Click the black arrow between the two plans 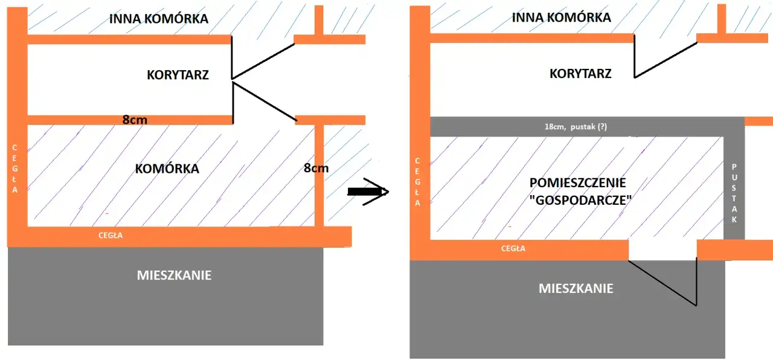368,191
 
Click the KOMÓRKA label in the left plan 167,169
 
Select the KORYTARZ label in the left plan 178,75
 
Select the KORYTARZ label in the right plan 580,74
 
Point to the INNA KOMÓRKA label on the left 159,19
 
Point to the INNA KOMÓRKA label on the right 561,17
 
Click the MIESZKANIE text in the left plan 174,275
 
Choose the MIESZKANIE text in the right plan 576,288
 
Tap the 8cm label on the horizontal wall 135,120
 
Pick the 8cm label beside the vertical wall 316,168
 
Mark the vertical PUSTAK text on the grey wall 734,193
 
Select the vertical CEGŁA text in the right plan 416,182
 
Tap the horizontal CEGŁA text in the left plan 111,236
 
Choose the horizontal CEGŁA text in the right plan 513,248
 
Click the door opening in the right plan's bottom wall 662,249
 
